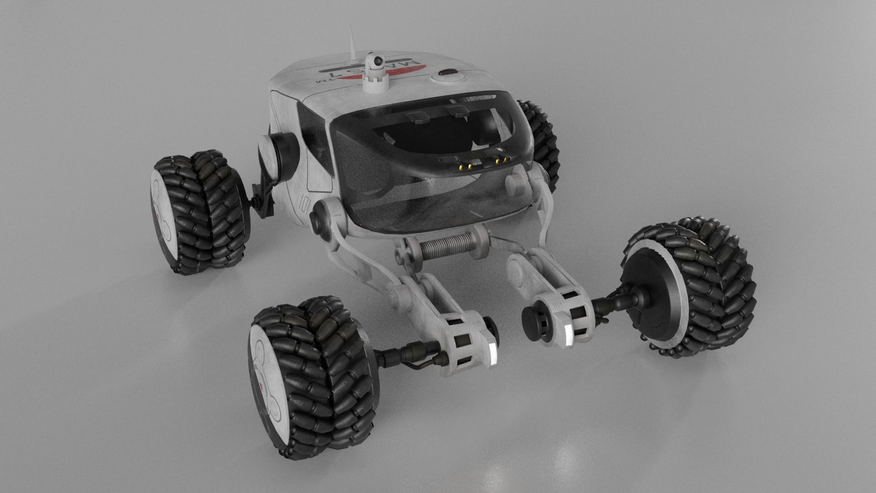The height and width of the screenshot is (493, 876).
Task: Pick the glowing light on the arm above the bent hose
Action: [x=492, y=351]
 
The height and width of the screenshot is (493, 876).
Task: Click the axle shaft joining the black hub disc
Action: [x=611, y=302]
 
